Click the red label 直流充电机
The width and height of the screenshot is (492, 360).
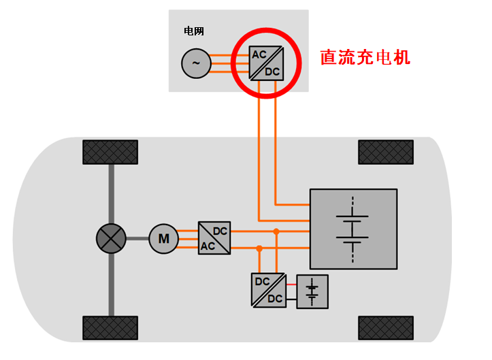[365, 57]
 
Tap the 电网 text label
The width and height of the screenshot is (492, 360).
[194, 31]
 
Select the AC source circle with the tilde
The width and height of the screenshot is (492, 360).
[196, 63]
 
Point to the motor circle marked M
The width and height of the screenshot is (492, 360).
[163, 238]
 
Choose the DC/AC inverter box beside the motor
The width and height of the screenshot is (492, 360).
[214, 238]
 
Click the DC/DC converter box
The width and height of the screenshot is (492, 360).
[268, 291]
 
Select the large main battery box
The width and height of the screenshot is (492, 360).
[353, 229]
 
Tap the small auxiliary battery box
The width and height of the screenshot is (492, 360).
[312, 291]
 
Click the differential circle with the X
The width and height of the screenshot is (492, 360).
[112, 238]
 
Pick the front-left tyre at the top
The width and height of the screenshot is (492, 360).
[110, 152]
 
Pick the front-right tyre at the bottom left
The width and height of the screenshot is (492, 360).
[110, 328]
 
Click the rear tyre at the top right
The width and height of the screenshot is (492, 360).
[386, 152]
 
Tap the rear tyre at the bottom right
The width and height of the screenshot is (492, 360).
[386, 328]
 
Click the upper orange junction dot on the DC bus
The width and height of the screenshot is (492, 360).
[276, 232]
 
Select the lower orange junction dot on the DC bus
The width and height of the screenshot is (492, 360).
[259, 248]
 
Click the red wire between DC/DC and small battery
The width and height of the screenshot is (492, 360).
[291, 284]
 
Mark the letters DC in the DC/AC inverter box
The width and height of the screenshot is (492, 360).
[220, 231]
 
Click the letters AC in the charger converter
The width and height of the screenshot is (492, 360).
[259, 54]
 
